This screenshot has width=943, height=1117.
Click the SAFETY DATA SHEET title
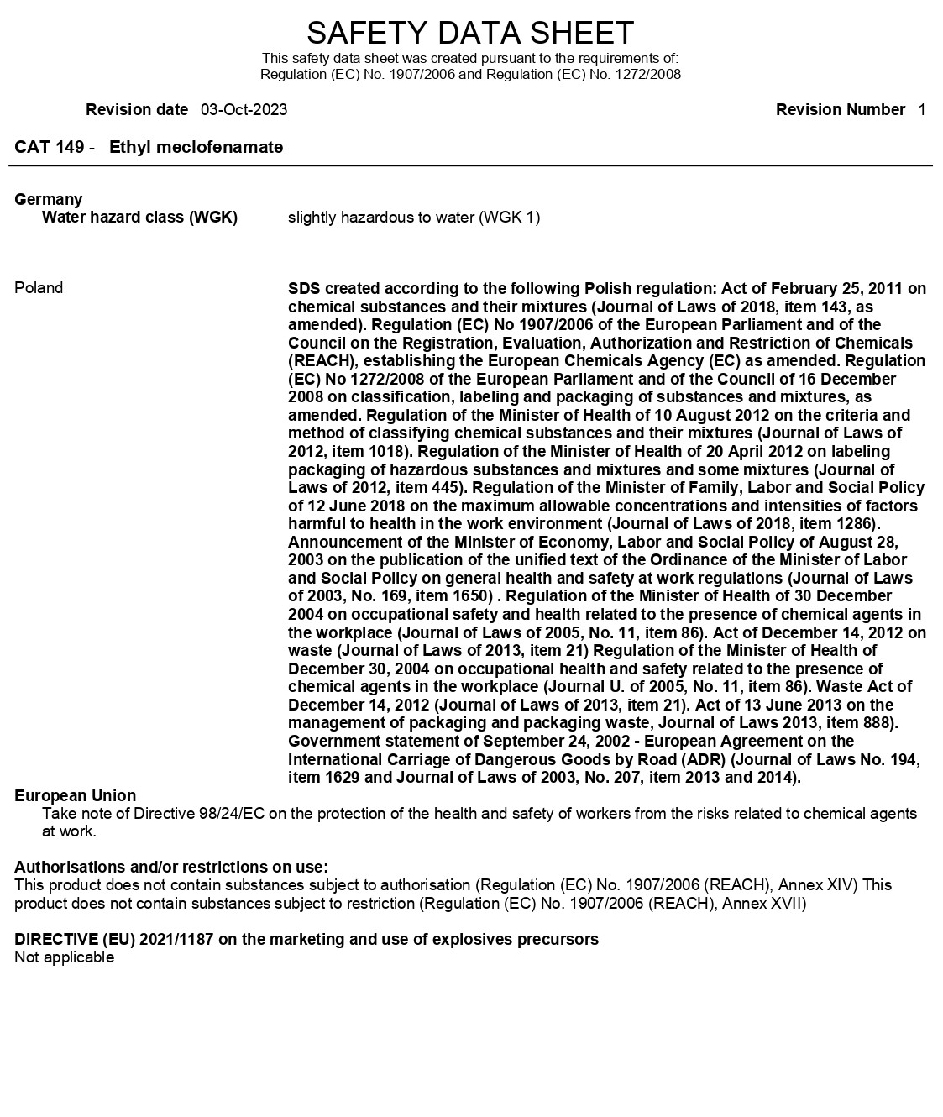[x=470, y=33]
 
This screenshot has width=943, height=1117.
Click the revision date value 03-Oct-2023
[x=244, y=110]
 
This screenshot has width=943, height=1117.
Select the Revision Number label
[x=841, y=110]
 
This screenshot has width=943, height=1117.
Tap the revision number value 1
[x=922, y=110]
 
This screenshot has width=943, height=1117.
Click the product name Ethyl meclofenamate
[x=196, y=148]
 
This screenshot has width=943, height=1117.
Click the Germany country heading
[x=49, y=200]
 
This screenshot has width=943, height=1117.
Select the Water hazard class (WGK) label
[x=139, y=218]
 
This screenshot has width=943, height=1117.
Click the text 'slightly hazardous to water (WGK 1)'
[x=414, y=218]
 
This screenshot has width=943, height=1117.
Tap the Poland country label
[x=39, y=288]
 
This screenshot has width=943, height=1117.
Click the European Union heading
[x=76, y=795]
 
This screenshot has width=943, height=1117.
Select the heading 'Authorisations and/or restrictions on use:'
[x=171, y=867]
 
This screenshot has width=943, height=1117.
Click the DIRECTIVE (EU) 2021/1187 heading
[x=306, y=939]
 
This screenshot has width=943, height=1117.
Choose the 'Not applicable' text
[x=64, y=957]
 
